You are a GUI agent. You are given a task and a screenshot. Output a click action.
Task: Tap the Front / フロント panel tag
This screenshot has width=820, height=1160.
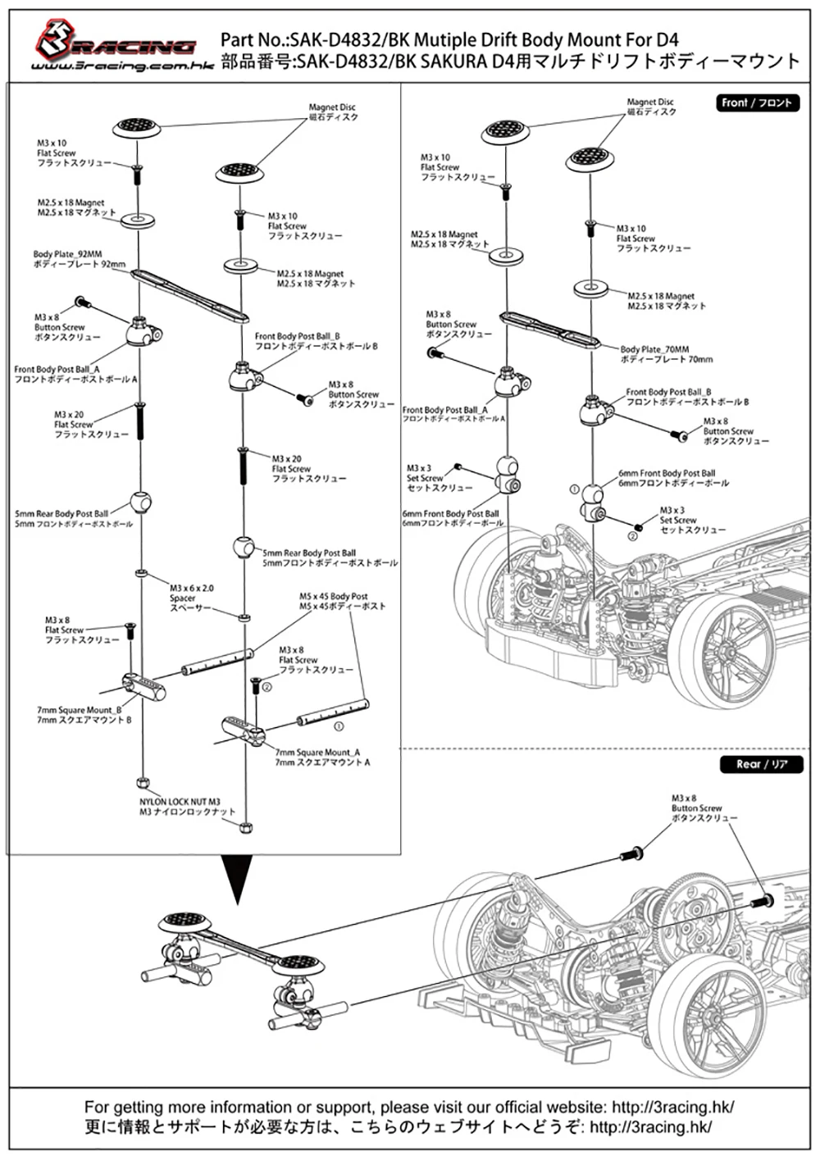tap(756, 103)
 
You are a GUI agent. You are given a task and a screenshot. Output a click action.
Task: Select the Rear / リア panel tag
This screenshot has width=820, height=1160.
tap(762, 764)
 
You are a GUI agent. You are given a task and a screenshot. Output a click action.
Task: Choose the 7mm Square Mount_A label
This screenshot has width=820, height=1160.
tap(321, 757)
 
